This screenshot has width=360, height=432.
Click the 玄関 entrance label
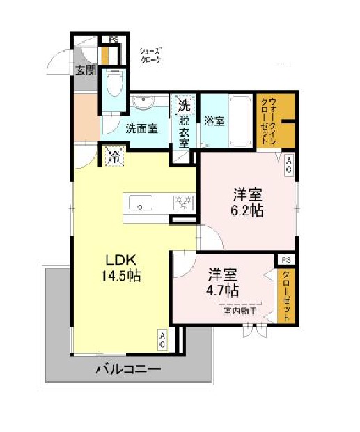86,71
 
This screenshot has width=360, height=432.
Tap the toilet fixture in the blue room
114,82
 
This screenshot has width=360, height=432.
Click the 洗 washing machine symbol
184,105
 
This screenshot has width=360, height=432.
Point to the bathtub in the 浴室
240,121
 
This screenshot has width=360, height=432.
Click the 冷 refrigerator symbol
114,157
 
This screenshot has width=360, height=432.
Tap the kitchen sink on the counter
141,203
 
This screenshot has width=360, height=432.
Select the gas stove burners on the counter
183,203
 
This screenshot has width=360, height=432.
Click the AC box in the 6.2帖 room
288,165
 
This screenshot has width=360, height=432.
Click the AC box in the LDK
163,340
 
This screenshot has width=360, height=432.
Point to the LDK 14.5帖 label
121,268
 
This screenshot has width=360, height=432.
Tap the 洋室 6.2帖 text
247,203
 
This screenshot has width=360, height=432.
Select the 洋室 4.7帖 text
223,282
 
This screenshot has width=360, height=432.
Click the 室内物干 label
240,311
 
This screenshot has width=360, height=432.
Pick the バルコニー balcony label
128,369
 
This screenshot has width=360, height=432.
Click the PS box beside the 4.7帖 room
286,260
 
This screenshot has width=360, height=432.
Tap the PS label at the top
114,40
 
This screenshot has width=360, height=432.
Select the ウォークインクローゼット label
269,120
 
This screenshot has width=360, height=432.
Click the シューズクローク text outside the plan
150,56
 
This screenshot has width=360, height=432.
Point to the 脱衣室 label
184,132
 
